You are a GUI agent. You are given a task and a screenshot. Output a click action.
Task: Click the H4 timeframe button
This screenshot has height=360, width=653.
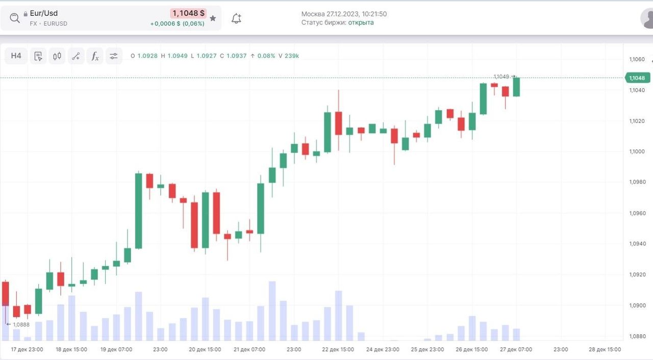(x=16, y=56)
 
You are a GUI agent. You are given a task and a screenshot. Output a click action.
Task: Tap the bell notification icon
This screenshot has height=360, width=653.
(x=236, y=19)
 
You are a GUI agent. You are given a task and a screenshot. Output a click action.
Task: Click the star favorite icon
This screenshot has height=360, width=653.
(x=213, y=18)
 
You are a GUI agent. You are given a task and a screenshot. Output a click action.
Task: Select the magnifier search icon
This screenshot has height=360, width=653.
(x=15, y=18)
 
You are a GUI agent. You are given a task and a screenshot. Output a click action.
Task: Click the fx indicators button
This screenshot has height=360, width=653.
(x=95, y=56)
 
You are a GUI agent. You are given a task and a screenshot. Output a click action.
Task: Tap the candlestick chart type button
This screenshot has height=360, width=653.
(x=57, y=56)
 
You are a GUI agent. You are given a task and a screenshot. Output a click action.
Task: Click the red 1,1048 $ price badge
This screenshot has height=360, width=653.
(x=188, y=14)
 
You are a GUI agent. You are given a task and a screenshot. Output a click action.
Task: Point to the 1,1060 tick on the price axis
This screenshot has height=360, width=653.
(x=637, y=60)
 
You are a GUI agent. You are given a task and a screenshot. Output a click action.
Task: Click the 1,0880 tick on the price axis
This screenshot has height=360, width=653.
(x=637, y=337)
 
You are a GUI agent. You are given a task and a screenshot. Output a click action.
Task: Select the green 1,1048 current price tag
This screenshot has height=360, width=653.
(x=637, y=78)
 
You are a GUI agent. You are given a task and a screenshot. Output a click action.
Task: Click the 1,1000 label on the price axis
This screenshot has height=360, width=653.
(x=637, y=152)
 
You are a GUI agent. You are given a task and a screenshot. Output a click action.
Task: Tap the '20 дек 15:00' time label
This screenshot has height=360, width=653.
(x=205, y=350)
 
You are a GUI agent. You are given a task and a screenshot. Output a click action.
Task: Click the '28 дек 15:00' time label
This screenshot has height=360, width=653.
(x=605, y=350)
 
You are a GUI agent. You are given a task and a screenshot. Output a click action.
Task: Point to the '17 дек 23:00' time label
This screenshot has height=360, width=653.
(x=27, y=350)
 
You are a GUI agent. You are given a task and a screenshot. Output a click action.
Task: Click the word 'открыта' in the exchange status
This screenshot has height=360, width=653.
(x=361, y=22)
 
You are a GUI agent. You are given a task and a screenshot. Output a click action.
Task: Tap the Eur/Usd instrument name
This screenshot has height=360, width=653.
(x=44, y=13)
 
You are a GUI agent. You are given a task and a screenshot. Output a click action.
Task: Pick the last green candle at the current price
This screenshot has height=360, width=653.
(x=516, y=87)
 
